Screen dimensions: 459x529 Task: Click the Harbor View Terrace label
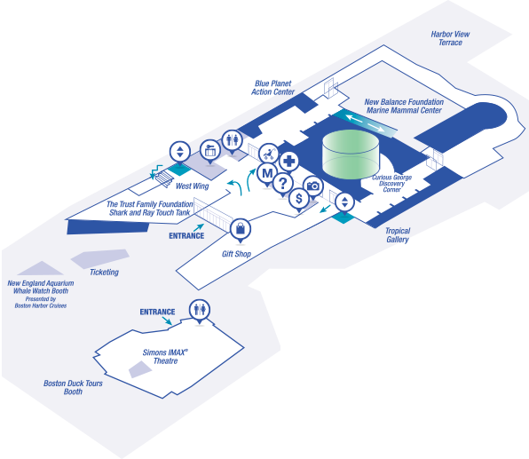tap(450, 38)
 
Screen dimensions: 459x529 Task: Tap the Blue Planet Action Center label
tap(274, 87)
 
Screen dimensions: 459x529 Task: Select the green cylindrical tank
tap(350, 153)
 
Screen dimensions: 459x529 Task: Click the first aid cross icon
tap(288, 162)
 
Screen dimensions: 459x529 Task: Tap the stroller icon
tap(267, 154)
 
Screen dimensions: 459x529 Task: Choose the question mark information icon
tap(282, 184)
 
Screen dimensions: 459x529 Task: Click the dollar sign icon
tap(299, 199)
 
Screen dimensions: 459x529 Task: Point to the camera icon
tap(312, 186)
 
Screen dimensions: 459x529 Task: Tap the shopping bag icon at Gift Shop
tap(240, 230)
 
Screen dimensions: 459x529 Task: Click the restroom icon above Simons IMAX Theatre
tap(200, 310)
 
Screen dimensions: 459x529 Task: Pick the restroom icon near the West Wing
tap(233, 139)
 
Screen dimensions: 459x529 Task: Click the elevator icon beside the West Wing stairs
tap(180, 151)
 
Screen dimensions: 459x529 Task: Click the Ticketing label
tap(104, 273)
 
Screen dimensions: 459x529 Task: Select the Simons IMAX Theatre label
tap(166, 357)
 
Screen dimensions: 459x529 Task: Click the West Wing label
tap(192, 186)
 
